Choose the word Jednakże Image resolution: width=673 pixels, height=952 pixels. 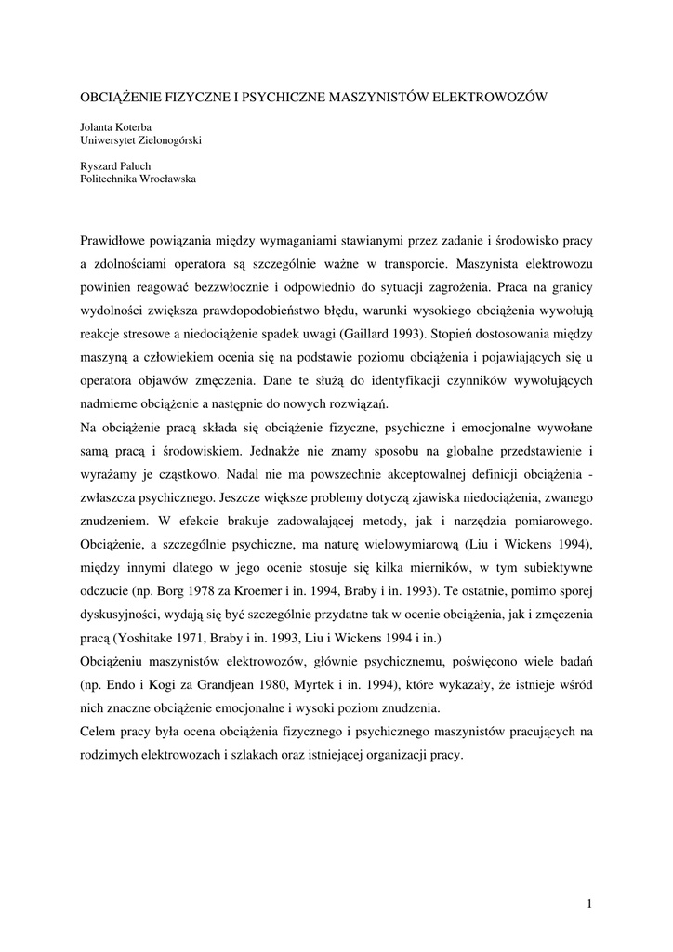(x=279, y=451)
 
